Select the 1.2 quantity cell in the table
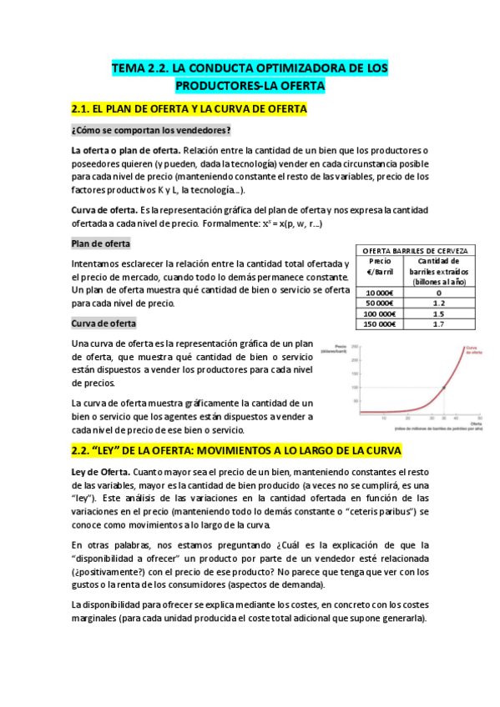[437, 303]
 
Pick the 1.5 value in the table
[437, 313]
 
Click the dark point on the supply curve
[443, 388]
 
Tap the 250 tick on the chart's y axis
[354, 346]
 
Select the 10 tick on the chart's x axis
[383, 417]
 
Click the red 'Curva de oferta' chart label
[472, 350]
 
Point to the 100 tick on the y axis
[354, 388]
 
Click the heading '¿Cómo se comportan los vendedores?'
[151, 130]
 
